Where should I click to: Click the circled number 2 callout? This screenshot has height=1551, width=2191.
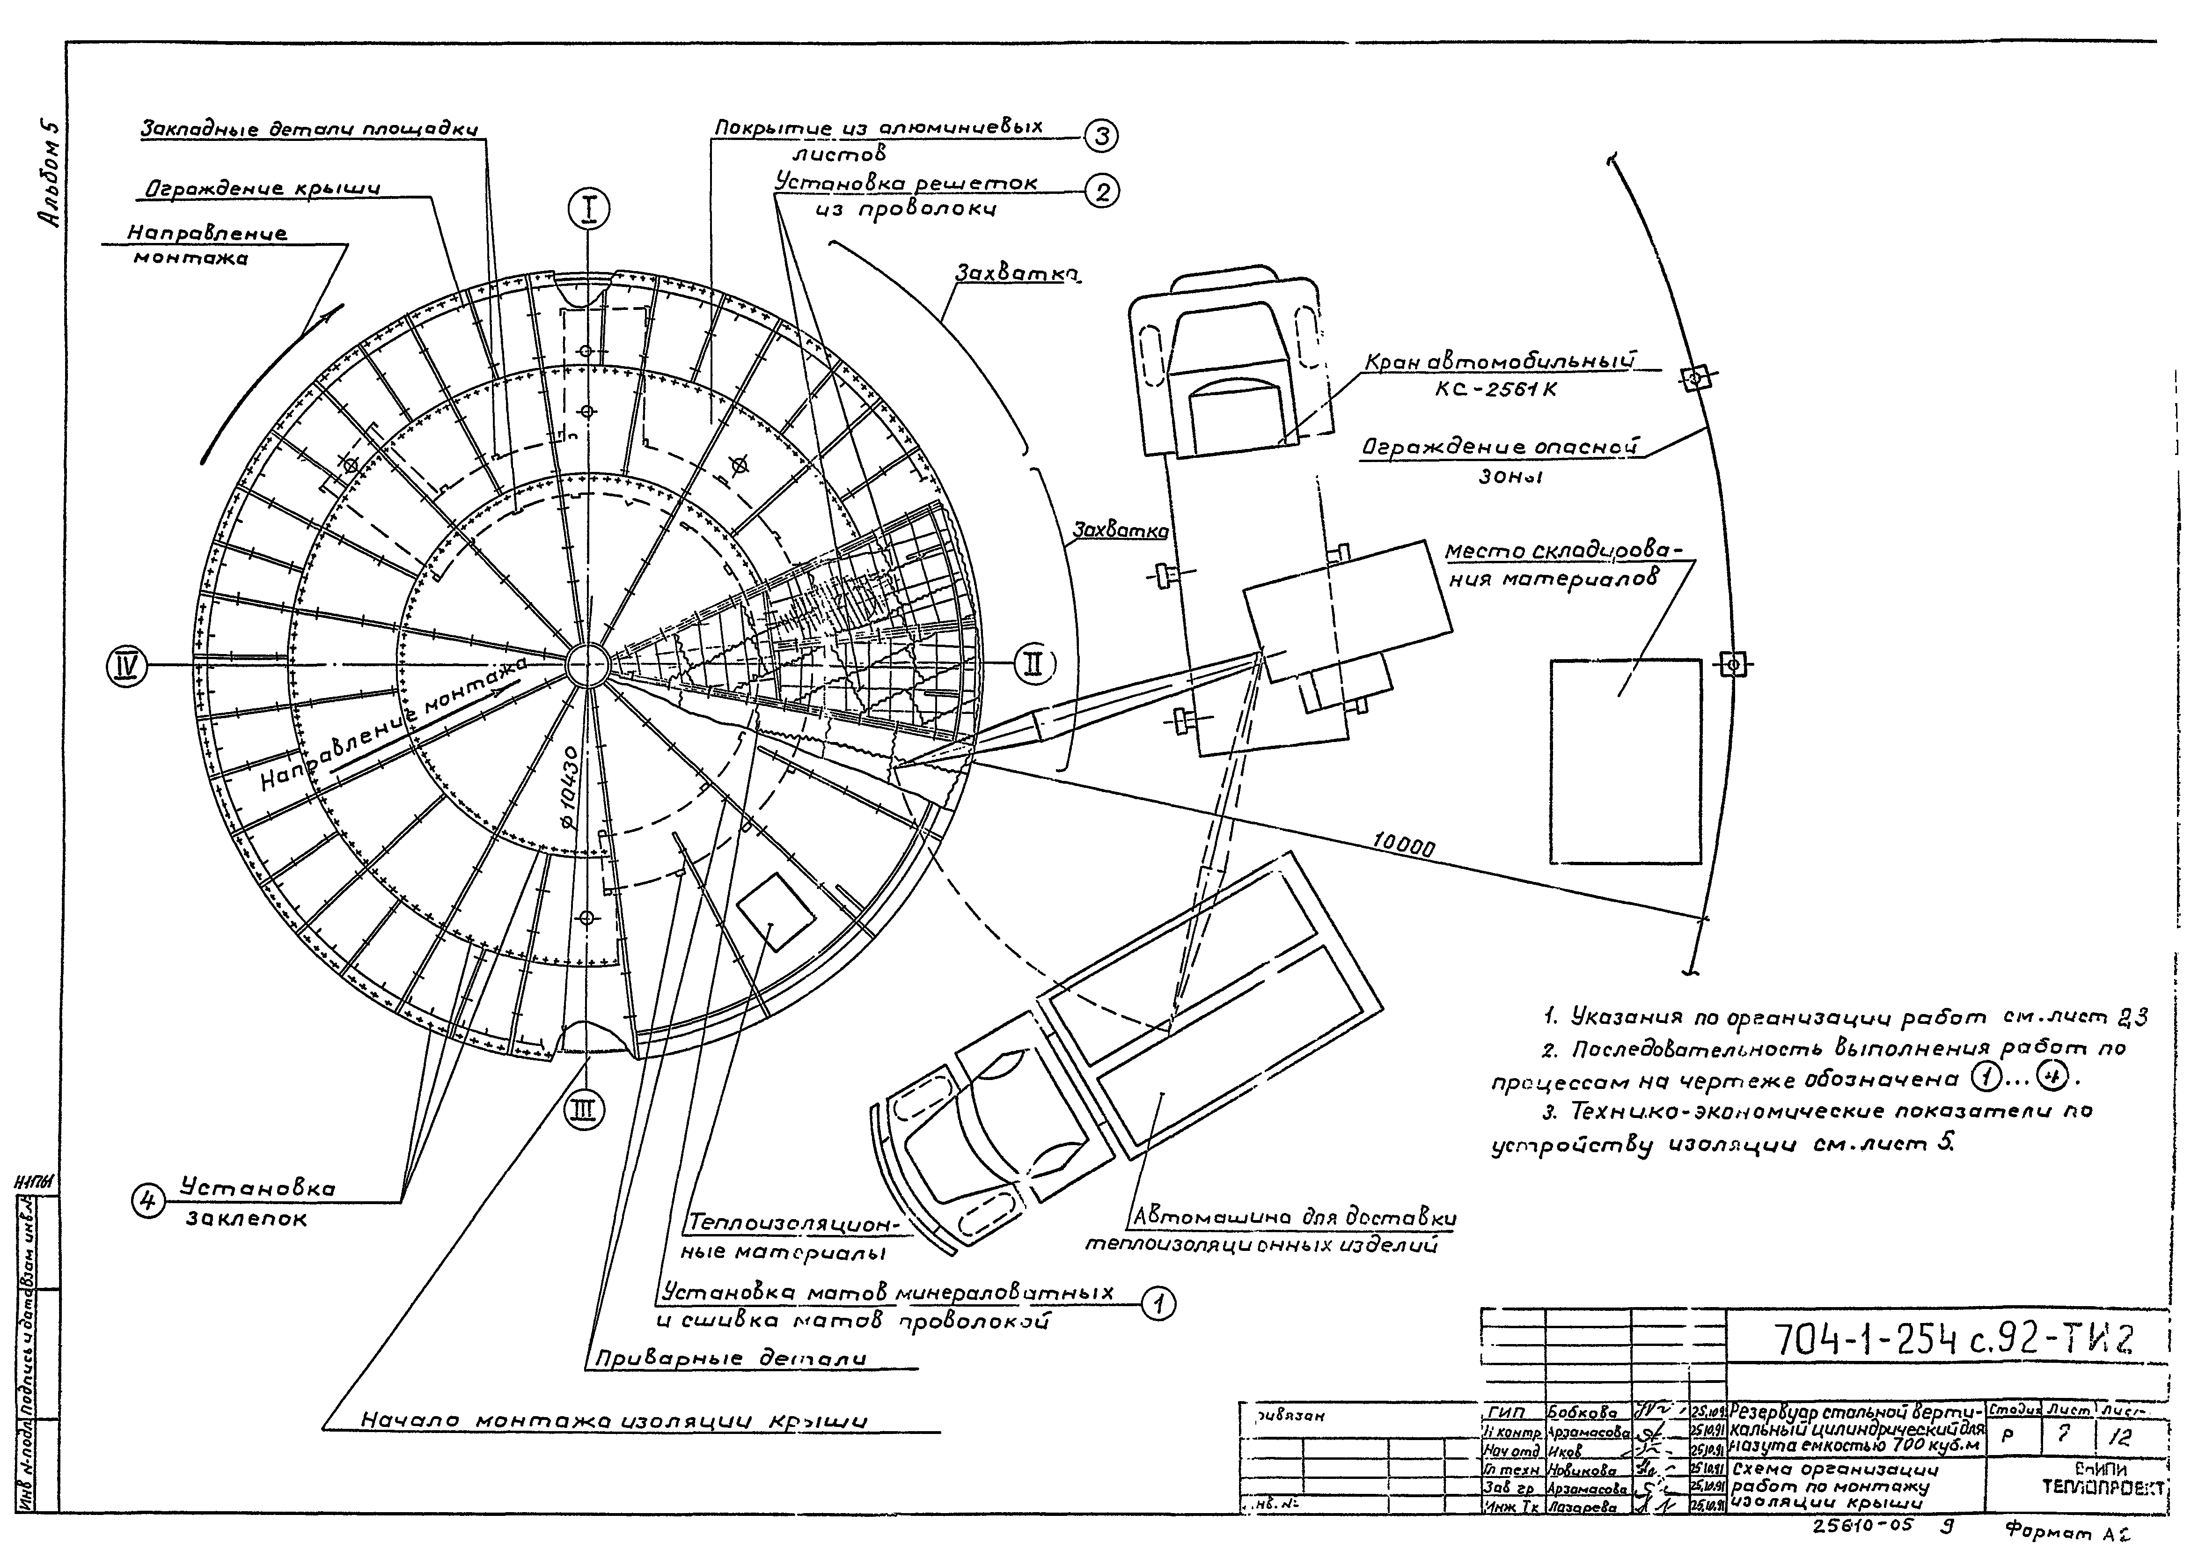tap(1102, 193)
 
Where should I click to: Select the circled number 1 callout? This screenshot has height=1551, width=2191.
tap(1159, 1304)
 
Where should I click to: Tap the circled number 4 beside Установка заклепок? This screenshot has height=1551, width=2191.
tap(148, 1200)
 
